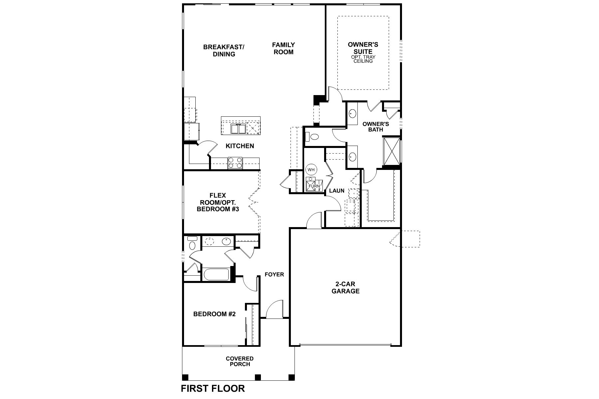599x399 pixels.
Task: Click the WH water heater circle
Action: pyautogui.click(x=311, y=170)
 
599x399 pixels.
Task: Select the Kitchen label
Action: pyautogui.click(x=240, y=146)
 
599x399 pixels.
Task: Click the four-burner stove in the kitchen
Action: pyautogui.click(x=235, y=163)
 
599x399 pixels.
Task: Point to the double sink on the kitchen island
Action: pyautogui.click(x=239, y=128)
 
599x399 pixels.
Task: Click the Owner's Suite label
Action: pyautogui.click(x=363, y=48)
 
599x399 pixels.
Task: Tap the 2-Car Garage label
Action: pyautogui.click(x=345, y=288)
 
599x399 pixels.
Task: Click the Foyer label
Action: pyautogui.click(x=274, y=274)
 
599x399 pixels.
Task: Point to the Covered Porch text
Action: pyautogui.click(x=240, y=361)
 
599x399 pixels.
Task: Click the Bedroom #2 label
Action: pyautogui.click(x=214, y=314)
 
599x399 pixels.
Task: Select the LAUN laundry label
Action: pyautogui.click(x=336, y=191)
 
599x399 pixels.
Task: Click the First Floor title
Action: pyautogui.click(x=213, y=388)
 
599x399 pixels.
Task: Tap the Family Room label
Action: pyautogui.click(x=284, y=48)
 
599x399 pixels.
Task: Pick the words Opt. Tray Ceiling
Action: pyautogui.click(x=363, y=59)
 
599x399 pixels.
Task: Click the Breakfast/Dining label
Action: pyautogui.click(x=224, y=50)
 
